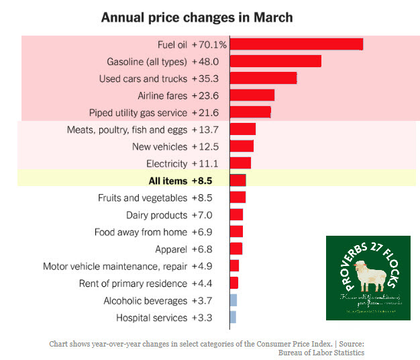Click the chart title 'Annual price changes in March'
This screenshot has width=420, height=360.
(x=197, y=17)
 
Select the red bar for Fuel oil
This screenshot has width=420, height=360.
(x=296, y=44)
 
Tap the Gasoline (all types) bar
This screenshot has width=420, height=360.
(x=275, y=61)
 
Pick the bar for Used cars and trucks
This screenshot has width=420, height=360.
(x=263, y=78)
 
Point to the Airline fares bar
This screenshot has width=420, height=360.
(x=252, y=95)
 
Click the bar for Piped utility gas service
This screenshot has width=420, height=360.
(x=250, y=112)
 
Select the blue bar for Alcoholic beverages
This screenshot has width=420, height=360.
(x=233, y=300)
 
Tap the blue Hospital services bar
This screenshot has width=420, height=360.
(x=233, y=317)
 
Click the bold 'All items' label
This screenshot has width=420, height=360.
(x=168, y=181)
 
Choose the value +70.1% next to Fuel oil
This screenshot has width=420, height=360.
(x=209, y=44)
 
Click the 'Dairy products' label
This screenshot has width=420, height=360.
(x=156, y=215)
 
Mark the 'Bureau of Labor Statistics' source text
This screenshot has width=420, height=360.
(x=321, y=352)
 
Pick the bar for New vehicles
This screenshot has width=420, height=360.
(x=242, y=146)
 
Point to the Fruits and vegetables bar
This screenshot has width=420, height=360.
(x=238, y=197)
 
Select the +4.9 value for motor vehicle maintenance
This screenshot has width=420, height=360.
(x=203, y=266)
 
